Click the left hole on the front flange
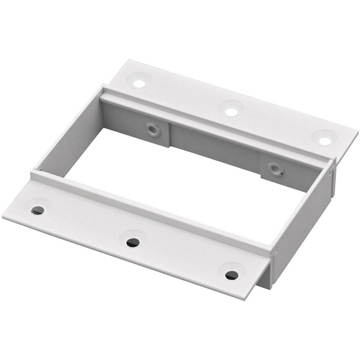[37, 211]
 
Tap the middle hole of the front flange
[133, 242]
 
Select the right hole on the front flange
[232, 275]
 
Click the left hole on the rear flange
[139, 83]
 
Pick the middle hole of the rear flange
[230, 111]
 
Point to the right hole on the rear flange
[325, 141]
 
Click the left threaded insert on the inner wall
[153, 128]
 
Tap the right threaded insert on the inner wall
[275, 168]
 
